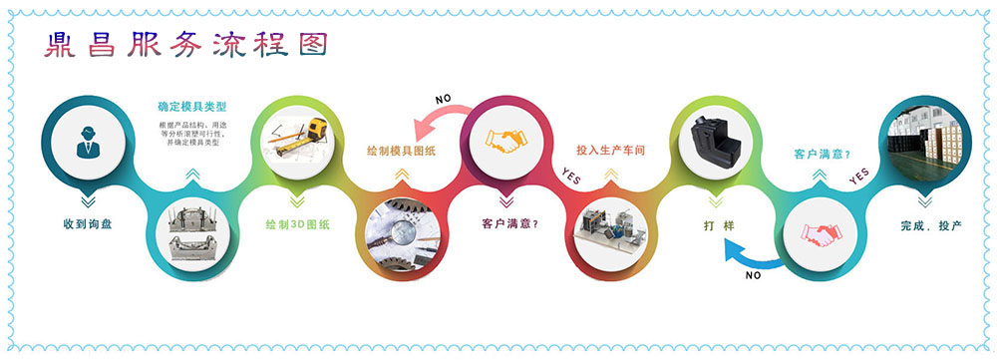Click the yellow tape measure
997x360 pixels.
pyautogui.click(x=317, y=131)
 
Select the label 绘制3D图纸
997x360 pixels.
pyautogui.click(x=299, y=223)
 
